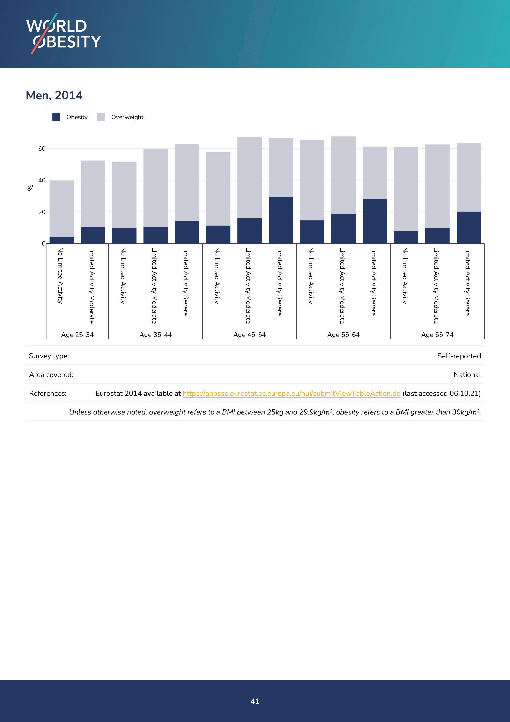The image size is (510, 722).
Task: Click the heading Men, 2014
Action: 54,95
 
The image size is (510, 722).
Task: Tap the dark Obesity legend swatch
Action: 56,117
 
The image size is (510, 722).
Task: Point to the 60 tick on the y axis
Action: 42,148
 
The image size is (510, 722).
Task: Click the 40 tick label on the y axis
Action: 42,180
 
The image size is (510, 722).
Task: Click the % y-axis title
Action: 30,187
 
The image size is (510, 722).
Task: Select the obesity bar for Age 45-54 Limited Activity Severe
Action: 281,220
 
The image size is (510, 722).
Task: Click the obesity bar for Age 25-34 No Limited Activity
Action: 61,240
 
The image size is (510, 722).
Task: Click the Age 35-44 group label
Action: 155,335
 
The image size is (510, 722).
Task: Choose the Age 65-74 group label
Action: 437,335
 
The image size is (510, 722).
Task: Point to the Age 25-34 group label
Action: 77,335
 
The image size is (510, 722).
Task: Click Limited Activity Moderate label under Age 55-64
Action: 342,285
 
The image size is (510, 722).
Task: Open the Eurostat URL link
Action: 291,393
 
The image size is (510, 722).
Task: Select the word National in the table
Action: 467,375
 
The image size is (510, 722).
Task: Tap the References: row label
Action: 48,393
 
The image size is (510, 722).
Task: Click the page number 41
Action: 255,701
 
